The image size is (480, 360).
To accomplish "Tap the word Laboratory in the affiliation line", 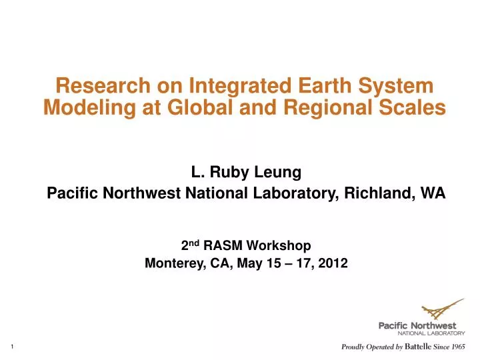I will tap(294, 194).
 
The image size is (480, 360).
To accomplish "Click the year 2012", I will tap(333, 263).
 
